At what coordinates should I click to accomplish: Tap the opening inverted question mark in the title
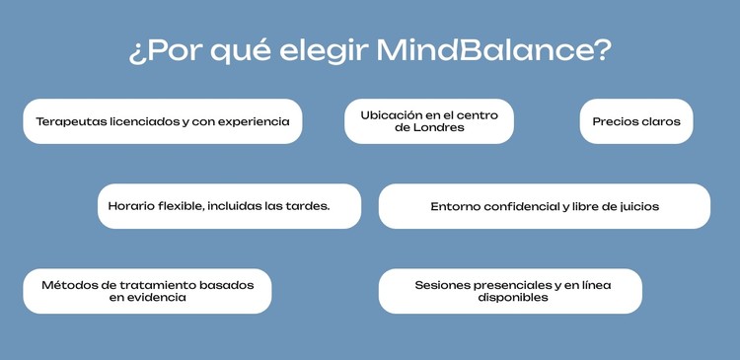135,52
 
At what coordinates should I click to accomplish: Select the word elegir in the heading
333,52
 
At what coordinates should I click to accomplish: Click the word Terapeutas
72,121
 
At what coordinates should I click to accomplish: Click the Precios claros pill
635,121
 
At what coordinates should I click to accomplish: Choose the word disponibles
509,297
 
